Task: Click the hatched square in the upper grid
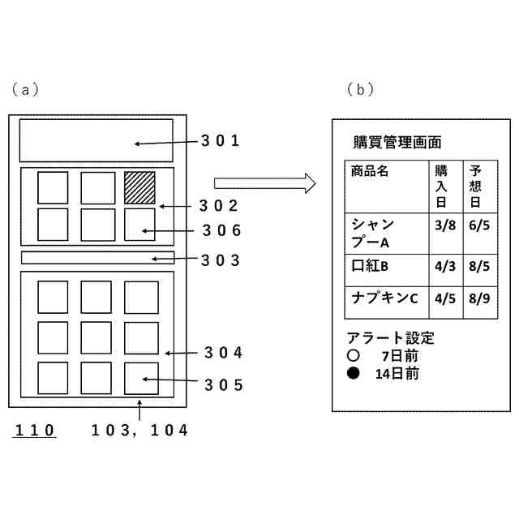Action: [139, 187]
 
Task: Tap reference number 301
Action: [221, 141]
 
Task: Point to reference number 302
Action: [221, 206]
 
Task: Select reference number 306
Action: [222, 230]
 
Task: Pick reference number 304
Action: [224, 353]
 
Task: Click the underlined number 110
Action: [35, 431]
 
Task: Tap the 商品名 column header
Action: [370, 172]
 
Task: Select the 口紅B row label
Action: [371, 265]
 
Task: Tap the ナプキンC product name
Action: [384, 298]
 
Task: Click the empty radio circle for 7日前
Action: [352, 356]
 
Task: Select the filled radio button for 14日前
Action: [352, 374]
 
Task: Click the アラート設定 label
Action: [390, 337]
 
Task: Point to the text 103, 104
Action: [139, 431]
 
